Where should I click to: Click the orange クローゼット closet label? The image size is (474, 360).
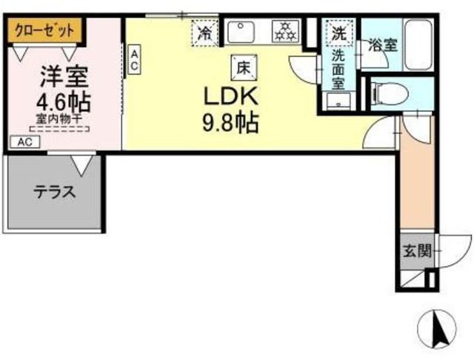(x=44, y=30)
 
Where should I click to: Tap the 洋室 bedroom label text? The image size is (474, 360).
(x=64, y=77)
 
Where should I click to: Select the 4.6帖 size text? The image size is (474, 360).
(x=64, y=102)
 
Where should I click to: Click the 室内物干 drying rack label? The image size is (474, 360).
(x=59, y=119)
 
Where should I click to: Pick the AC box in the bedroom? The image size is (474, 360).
(x=25, y=142)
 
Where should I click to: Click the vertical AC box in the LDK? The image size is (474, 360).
(x=134, y=59)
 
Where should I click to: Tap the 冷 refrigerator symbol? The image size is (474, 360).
(x=205, y=33)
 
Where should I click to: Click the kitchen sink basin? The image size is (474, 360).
(x=241, y=32)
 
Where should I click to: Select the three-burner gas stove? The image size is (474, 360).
(x=285, y=31)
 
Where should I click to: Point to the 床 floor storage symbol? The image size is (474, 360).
(x=244, y=67)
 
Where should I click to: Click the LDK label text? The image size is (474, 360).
(x=231, y=96)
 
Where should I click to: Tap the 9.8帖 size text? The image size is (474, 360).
(x=230, y=123)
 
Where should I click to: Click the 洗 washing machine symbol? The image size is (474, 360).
(x=339, y=33)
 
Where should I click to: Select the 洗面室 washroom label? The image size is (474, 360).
(x=338, y=69)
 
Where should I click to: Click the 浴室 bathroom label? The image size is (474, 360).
(x=382, y=46)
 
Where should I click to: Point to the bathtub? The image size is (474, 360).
(x=418, y=45)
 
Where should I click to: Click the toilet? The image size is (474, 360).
(x=391, y=93)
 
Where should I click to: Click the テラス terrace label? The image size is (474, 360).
(x=55, y=193)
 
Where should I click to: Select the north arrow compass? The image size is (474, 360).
(x=436, y=329)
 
